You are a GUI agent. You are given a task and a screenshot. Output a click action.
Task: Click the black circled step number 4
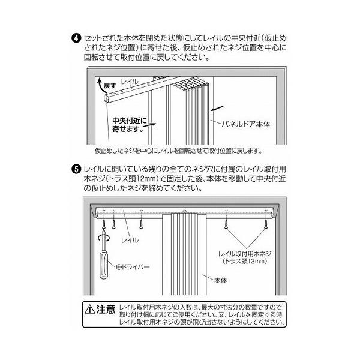pyautogui.click(x=76, y=38)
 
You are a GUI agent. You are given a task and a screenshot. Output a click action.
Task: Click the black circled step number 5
pyautogui.click(x=76, y=169)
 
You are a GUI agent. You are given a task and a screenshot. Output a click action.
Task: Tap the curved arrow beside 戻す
pyautogui.click(x=100, y=85)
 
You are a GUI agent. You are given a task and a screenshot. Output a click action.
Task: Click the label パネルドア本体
pyautogui.click(x=246, y=124)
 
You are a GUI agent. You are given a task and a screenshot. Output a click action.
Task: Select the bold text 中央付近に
pyautogui.click(x=130, y=121)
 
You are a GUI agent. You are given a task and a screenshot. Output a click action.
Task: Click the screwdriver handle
pyautogui.click(x=104, y=265)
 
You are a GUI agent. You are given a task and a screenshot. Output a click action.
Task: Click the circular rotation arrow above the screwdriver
pyautogui.click(x=104, y=238)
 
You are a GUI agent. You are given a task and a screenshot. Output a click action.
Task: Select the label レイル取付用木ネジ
pyautogui.click(x=245, y=254)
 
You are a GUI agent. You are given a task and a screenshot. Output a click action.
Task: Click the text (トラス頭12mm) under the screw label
pyautogui.click(x=245, y=261)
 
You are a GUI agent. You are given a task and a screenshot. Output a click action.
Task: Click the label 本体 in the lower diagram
pyautogui.click(x=220, y=280)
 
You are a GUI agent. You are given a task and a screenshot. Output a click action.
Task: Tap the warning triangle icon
pyautogui.click(x=90, y=309)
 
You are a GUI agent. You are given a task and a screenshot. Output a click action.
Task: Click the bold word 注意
pyautogui.click(x=106, y=309)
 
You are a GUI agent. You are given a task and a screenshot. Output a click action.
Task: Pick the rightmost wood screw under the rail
pyautogui.click(x=266, y=223)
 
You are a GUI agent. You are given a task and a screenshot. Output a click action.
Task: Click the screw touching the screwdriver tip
pyautogui.click(x=104, y=224)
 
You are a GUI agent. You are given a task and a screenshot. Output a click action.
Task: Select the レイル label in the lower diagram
pyautogui.click(x=130, y=240)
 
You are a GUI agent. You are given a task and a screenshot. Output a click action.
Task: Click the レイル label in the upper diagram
pyautogui.click(x=130, y=82)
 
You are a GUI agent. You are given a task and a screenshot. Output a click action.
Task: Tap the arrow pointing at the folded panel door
pyautogui.click(x=217, y=109)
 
